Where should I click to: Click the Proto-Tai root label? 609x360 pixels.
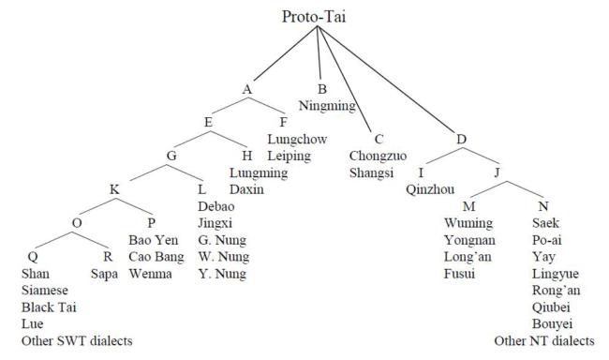tap(317, 17)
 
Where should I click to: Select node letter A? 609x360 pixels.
tap(247, 89)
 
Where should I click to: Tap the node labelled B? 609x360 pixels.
tap(321, 89)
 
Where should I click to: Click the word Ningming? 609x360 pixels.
tap(327, 106)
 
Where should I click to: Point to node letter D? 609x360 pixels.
tap(461, 140)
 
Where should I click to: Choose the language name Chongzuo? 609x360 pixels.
tap(377, 156)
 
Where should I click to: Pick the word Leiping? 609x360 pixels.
tap(289, 156)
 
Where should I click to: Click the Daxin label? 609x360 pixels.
tap(246, 189)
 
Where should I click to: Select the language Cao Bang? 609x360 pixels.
tap(155, 257)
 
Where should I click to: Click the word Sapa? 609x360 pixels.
tap(105, 274)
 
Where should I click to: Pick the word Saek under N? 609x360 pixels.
tap(546, 223)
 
